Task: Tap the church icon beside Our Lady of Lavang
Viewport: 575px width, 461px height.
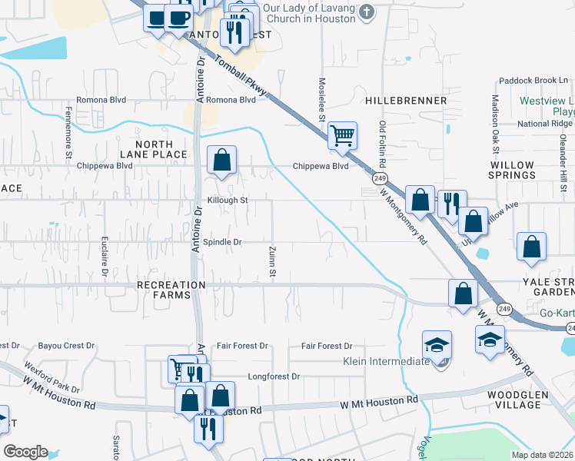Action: point(367,12)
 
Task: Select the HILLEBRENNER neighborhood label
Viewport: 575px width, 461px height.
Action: point(406,101)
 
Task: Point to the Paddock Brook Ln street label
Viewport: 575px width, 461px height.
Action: point(533,80)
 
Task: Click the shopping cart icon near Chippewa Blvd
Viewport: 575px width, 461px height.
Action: point(342,135)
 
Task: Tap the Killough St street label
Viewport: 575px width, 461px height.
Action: point(225,200)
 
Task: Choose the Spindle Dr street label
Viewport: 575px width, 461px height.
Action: point(222,242)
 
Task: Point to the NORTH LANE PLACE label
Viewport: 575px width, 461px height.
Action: point(161,149)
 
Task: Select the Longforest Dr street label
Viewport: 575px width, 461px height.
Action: point(274,376)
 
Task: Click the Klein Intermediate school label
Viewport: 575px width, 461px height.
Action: point(385,361)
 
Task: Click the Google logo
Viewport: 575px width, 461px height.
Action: point(25,452)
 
